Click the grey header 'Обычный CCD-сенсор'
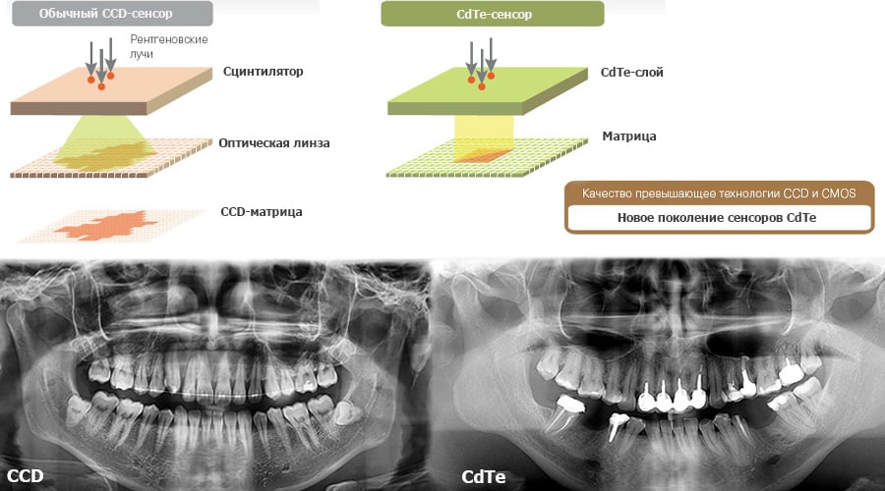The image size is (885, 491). [x=112, y=14]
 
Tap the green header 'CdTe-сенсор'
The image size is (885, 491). [x=493, y=14]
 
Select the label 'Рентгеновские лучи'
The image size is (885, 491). [x=169, y=47]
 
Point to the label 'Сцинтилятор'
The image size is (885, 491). [x=263, y=72]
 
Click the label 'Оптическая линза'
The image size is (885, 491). [x=274, y=143]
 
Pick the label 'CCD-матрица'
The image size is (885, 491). [x=262, y=212]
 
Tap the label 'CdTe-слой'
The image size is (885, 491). [x=632, y=72]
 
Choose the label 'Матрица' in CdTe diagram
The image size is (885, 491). [x=629, y=136]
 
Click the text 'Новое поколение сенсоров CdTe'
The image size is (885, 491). [x=717, y=218]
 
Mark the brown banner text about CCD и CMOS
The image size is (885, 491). [x=719, y=193]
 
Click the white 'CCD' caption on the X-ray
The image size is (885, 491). [x=26, y=476]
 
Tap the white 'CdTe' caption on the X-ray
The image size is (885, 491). [x=484, y=477]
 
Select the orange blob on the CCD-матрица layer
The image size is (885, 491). [x=106, y=226]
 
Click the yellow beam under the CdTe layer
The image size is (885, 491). [x=484, y=136]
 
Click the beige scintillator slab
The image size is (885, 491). [x=111, y=90]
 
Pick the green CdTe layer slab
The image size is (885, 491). [x=488, y=90]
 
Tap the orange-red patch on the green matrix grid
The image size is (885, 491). [x=483, y=156]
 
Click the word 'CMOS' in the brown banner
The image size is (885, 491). [x=839, y=193]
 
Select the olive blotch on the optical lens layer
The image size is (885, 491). [x=105, y=156]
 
